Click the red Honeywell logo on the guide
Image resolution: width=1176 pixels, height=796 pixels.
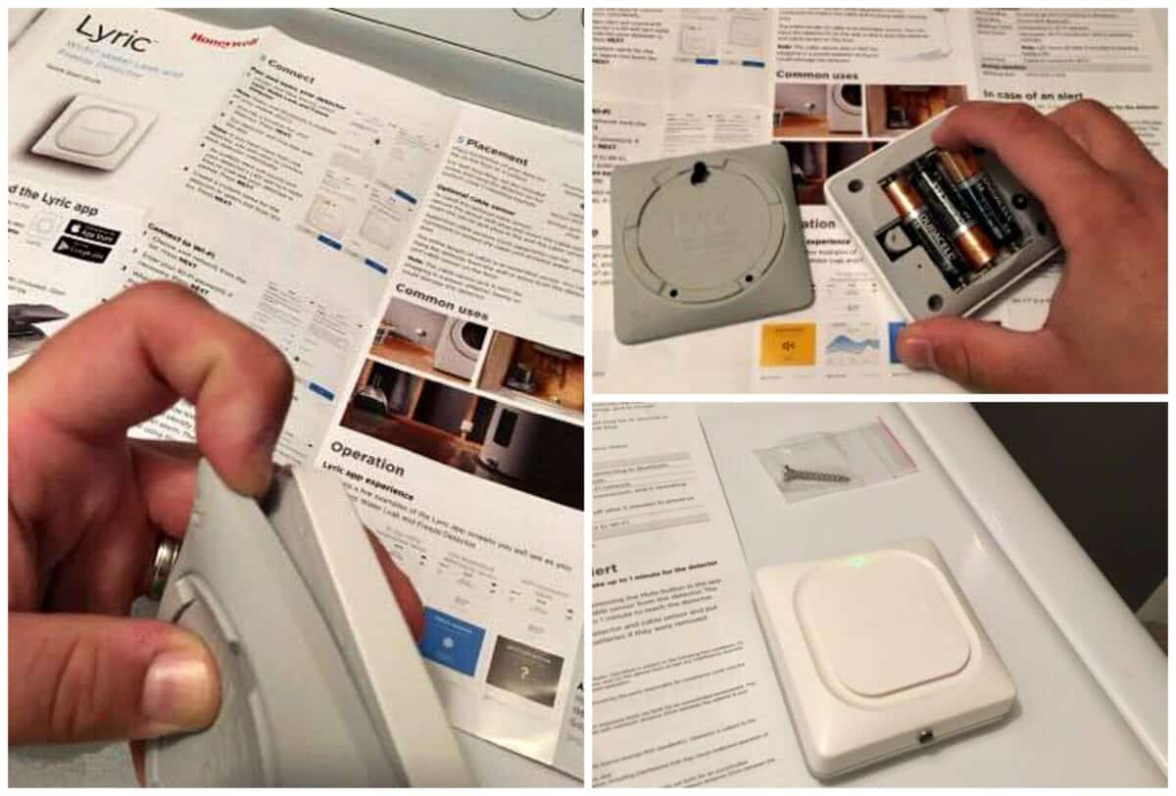pos(223,40)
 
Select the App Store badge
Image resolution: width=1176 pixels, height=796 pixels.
pos(88,234)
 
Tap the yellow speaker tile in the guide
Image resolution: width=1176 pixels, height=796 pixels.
pos(788,344)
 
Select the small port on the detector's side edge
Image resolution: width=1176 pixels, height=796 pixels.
pos(923,733)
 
